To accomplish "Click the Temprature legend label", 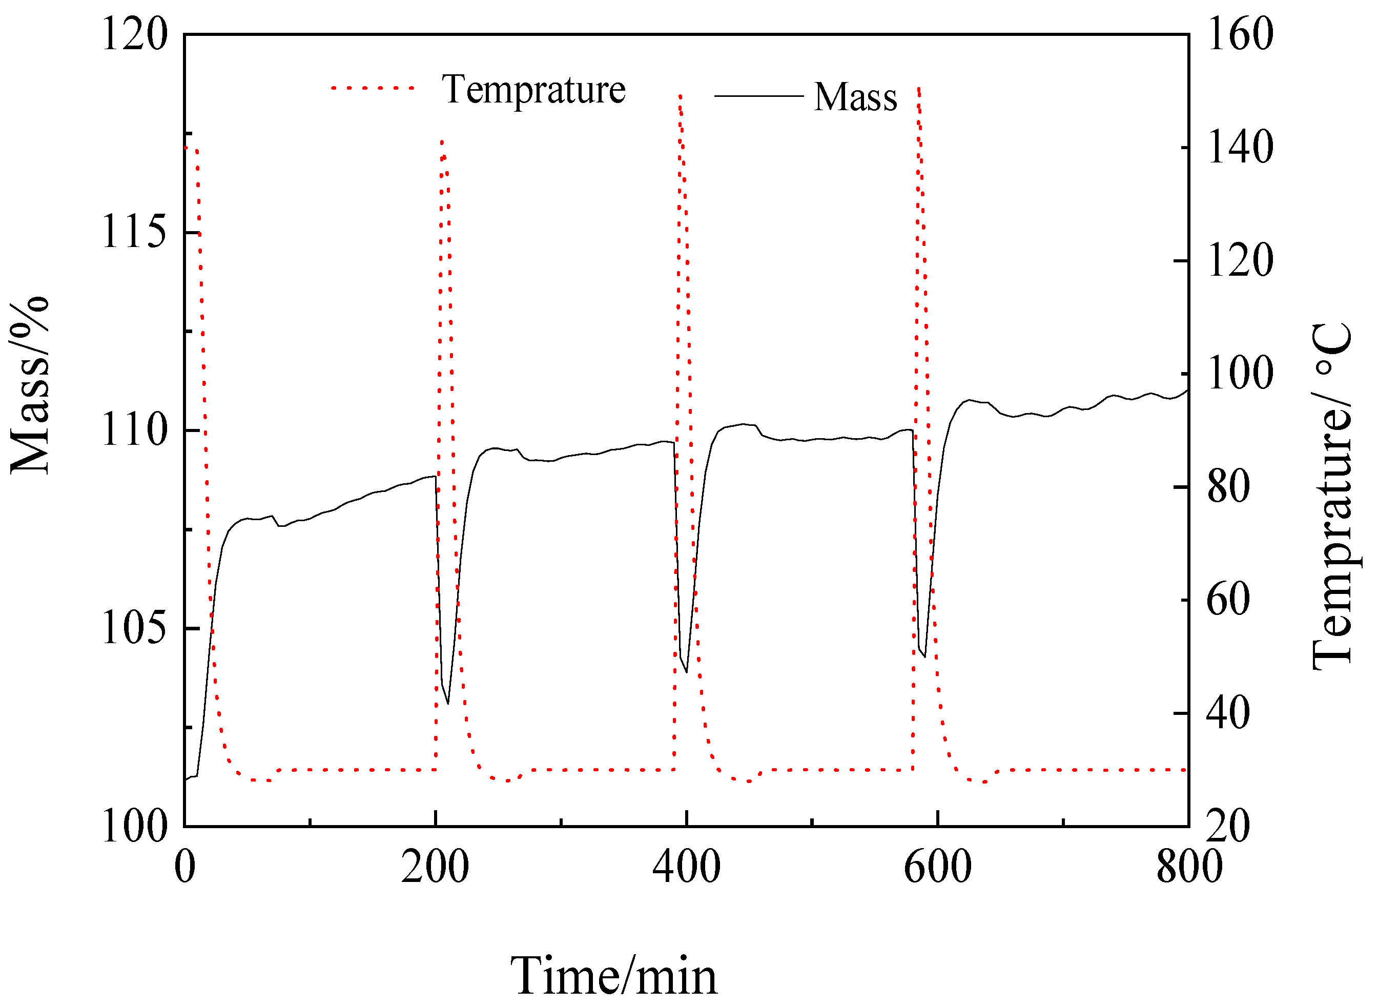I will [x=533, y=90].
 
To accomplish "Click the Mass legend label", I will [x=855, y=97].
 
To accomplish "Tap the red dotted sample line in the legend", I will [x=373, y=88].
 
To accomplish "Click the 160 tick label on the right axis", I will [x=1240, y=35].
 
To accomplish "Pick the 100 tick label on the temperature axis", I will [x=1240, y=374].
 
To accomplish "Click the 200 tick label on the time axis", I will [x=435, y=868].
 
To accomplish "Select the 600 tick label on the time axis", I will [x=937, y=868].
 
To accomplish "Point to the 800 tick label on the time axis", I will [x=1189, y=868].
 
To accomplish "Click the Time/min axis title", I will [x=614, y=975].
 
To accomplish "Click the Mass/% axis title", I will [x=29, y=385].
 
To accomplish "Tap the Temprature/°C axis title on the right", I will [x=1332, y=497].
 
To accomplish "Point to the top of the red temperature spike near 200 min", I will [x=442, y=141].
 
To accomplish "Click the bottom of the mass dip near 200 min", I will [x=448, y=704].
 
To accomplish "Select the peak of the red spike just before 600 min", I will [x=918, y=88].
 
